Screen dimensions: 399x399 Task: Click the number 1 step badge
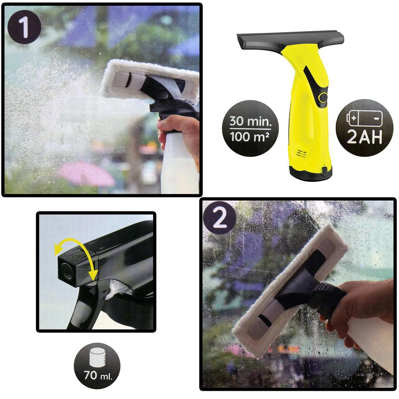pos(24,27)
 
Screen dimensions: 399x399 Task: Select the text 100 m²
pos(250,137)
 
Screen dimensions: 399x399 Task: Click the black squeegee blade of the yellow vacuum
pos(290,41)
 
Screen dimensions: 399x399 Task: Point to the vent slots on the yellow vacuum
pos(301,154)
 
